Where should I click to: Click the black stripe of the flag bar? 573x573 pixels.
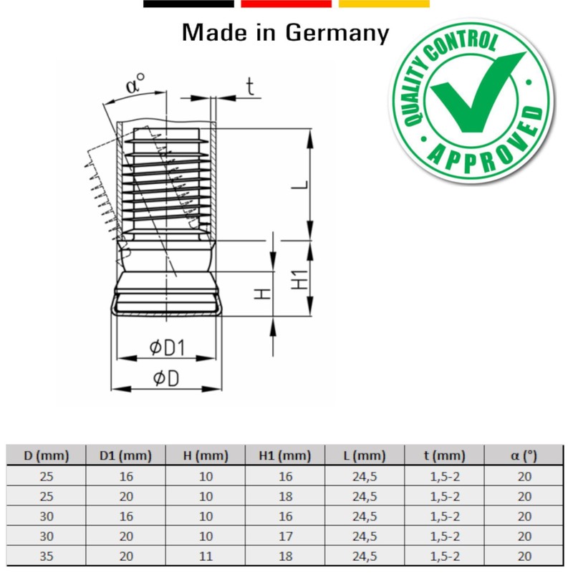point(188,4)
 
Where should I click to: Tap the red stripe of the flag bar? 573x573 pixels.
point(286,4)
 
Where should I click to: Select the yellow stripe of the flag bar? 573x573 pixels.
point(384,4)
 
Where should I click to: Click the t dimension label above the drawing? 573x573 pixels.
point(250,87)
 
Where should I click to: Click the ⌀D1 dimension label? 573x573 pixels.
point(167,348)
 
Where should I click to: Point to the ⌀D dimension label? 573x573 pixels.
point(165,378)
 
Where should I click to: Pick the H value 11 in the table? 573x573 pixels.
point(206,556)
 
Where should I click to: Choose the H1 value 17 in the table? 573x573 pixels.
point(285,536)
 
